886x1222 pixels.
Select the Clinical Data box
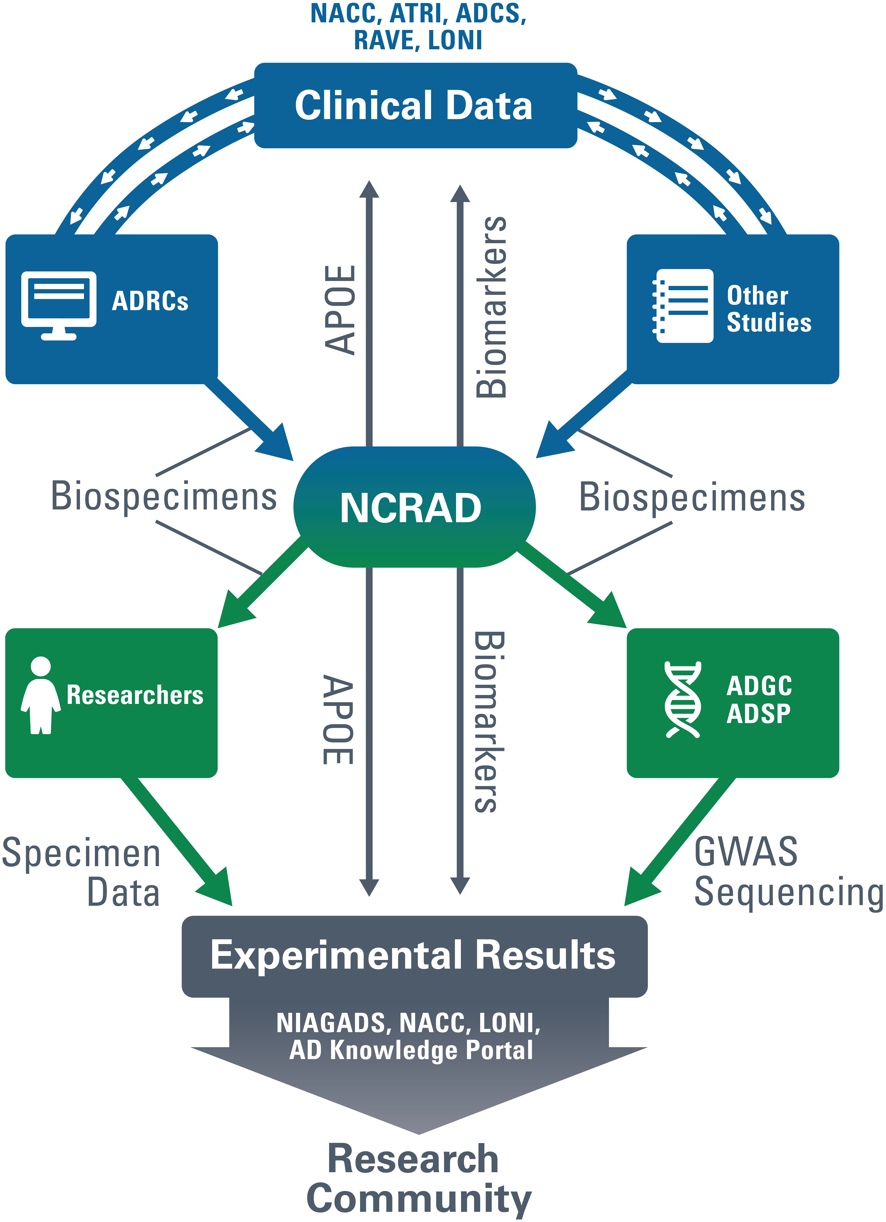(x=415, y=106)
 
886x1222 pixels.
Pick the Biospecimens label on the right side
(x=692, y=497)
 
